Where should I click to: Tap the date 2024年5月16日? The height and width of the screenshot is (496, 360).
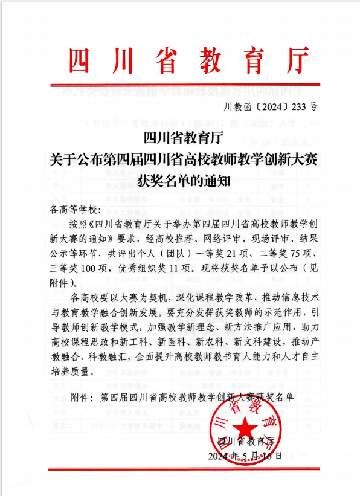point(245,456)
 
